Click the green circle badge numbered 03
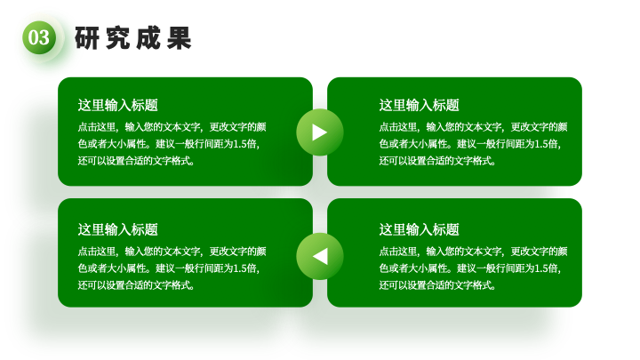[39, 37]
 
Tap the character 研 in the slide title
[87, 38]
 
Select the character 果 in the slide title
[179, 38]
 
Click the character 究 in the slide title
[117, 38]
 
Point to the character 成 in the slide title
[148, 38]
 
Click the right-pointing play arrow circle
[320, 132]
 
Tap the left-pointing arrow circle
[320, 256]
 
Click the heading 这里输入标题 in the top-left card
[118, 105]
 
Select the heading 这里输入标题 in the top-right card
[420, 105]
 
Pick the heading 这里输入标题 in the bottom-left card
[118, 229]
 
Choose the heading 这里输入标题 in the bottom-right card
[420, 229]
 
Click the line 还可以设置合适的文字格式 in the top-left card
[136, 161]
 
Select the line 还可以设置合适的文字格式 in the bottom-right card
[437, 285]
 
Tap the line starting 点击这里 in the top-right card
[473, 127]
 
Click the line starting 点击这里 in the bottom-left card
[172, 252]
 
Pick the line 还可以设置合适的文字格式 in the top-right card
[437, 161]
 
